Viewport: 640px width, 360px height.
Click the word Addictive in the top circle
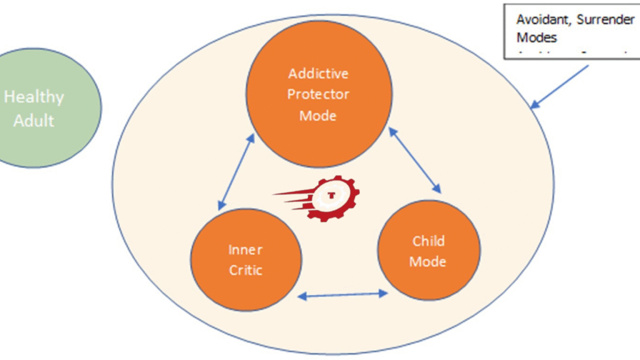pos(318,74)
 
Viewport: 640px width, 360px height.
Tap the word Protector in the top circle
pos(318,94)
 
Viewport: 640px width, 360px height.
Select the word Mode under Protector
pos(318,116)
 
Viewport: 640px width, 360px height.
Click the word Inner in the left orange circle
pos(245,250)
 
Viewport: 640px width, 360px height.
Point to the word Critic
pos(245,270)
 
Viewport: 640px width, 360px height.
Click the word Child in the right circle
pos(429,241)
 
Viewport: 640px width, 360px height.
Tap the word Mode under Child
pos(429,261)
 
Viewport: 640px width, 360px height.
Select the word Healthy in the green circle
pos(34,97)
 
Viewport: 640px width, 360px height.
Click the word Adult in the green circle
pos(34,120)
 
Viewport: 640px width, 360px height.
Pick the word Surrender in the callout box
pos(606,19)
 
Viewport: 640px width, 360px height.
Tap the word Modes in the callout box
pos(536,37)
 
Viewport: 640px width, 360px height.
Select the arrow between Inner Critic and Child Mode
pos(343,294)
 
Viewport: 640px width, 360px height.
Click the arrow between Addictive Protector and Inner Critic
pos(236,171)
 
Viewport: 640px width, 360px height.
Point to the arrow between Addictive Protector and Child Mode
pos(414,159)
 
